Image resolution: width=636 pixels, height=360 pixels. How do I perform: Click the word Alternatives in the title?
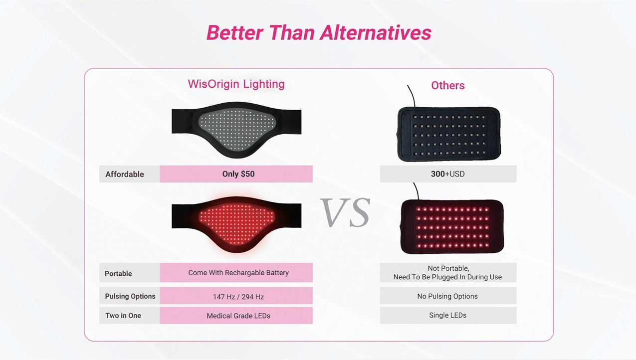point(375,32)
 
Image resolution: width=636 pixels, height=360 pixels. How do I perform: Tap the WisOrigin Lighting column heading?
point(236,84)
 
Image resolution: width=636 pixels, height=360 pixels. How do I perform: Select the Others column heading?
point(448,85)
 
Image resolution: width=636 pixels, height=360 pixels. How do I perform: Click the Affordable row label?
point(124,174)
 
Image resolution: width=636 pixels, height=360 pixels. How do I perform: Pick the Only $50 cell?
point(236,174)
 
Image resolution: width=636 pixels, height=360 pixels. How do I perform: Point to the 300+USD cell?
point(448,174)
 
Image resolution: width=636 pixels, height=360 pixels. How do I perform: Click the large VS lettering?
point(345,212)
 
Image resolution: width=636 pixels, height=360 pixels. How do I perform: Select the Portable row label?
point(118,273)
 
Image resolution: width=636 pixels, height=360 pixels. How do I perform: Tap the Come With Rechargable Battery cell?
point(236,273)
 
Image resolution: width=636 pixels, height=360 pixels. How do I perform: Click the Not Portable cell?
point(448,273)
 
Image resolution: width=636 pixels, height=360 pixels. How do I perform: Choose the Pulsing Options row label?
point(130,296)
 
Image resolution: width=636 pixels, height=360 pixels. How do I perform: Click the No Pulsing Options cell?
point(448,296)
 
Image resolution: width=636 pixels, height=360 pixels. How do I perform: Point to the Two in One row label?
point(123,316)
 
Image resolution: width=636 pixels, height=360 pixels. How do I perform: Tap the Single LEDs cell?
point(448,316)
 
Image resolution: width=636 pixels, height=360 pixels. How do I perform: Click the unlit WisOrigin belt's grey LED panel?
point(237,129)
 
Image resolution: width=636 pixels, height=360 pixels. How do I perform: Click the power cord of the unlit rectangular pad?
point(412,95)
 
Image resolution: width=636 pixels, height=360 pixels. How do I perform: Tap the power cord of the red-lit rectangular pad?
point(416,191)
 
